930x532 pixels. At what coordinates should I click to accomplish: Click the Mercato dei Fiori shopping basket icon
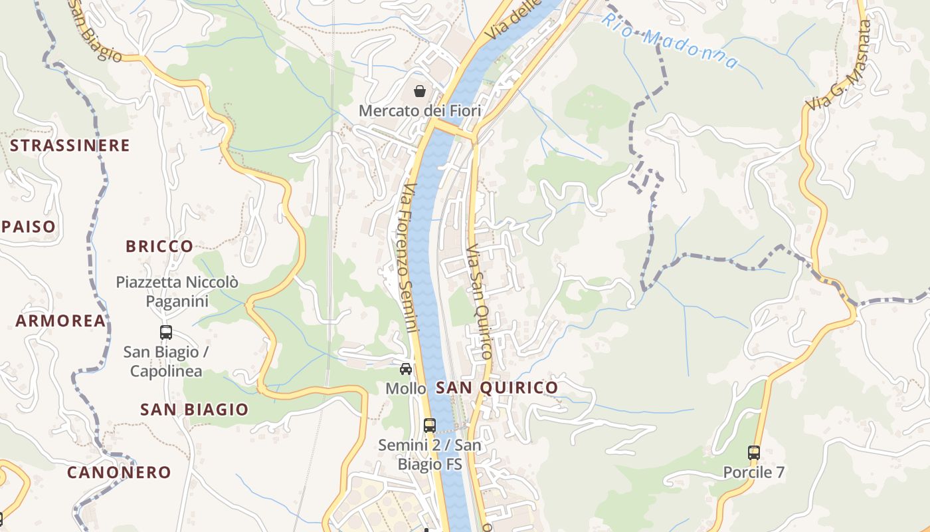click(419, 90)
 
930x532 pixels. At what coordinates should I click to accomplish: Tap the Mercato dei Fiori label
click(420, 110)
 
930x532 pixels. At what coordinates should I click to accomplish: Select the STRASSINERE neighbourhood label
click(70, 146)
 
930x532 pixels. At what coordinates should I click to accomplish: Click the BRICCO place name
click(159, 246)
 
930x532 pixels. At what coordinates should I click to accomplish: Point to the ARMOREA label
click(60, 321)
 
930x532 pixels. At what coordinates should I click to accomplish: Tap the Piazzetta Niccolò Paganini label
click(177, 291)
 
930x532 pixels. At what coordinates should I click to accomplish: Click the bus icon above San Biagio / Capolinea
click(166, 332)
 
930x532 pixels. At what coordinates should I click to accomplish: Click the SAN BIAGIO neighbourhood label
click(194, 410)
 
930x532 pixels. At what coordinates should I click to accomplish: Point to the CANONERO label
click(119, 473)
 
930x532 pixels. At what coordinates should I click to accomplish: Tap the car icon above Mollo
click(405, 369)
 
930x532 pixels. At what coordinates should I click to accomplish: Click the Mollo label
click(405, 388)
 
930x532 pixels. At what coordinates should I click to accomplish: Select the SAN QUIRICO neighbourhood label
click(497, 388)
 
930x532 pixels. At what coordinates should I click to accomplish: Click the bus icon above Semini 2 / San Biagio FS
click(430, 425)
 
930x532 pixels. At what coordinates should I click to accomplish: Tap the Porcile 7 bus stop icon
click(754, 453)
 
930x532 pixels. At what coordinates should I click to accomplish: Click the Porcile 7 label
click(754, 473)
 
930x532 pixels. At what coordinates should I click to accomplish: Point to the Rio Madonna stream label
click(669, 40)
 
